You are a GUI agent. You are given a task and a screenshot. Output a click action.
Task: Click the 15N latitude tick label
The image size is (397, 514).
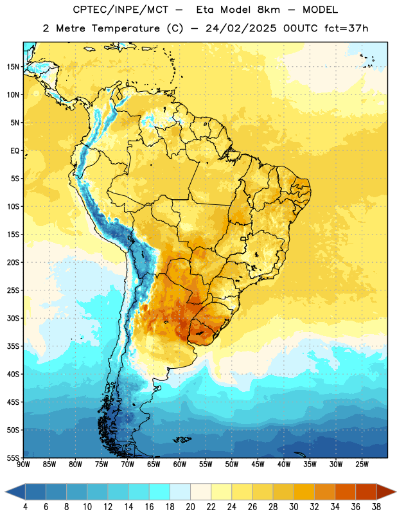(13, 67)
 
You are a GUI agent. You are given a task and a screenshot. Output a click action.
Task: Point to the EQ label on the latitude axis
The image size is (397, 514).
(15, 151)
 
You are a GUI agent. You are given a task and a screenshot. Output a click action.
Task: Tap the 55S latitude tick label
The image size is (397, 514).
(13, 458)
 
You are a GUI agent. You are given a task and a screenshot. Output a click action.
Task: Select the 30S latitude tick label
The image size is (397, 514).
(13, 318)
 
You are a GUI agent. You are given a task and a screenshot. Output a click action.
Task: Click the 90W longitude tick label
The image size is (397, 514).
(24, 465)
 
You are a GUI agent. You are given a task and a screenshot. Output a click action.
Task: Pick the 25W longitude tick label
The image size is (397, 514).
(362, 465)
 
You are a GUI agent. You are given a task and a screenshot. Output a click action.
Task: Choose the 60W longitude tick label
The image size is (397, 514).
(180, 465)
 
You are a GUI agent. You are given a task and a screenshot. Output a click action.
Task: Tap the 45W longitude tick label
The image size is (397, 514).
(258, 465)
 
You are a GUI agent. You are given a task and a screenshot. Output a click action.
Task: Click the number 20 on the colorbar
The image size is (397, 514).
(190, 507)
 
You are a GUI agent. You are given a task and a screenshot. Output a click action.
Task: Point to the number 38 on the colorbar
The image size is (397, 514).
(376, 507)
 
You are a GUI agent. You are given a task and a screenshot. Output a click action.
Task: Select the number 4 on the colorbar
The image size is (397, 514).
(25, 507)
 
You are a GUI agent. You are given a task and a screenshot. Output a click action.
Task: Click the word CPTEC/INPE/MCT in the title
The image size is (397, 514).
(120, 10)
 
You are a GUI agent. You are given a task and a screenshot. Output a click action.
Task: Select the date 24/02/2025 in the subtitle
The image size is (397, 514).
(242, 28)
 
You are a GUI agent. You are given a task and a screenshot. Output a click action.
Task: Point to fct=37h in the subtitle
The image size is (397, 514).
(346, 28)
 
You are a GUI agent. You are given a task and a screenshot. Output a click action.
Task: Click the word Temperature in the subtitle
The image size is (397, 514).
(125, 28)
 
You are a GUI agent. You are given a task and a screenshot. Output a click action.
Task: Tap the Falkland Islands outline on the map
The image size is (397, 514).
(182, 439)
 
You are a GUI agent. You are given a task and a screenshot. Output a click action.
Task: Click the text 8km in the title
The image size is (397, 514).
(269, 10)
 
